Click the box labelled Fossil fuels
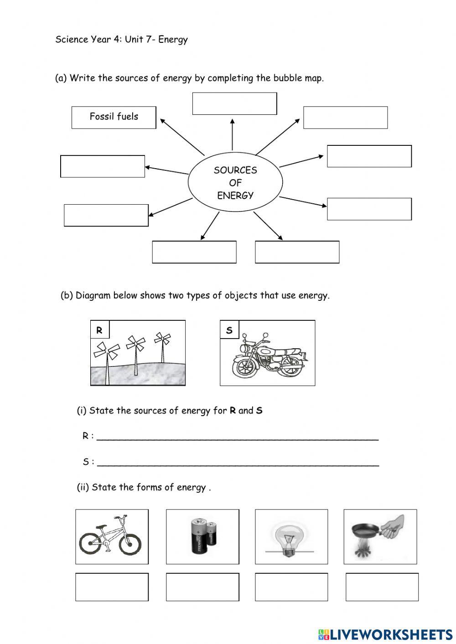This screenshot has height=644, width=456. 114,117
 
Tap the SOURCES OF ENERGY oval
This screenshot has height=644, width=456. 235,183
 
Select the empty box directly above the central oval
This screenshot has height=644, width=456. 234,103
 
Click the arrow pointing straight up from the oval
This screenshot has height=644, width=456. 232,134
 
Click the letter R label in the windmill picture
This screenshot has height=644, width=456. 99,330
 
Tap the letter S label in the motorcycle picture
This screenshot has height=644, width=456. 229,330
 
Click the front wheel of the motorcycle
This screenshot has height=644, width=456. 244,365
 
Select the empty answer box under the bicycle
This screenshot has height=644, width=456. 112,587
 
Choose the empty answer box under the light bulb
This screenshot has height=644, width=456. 291,587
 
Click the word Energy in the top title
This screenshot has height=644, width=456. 173,40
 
